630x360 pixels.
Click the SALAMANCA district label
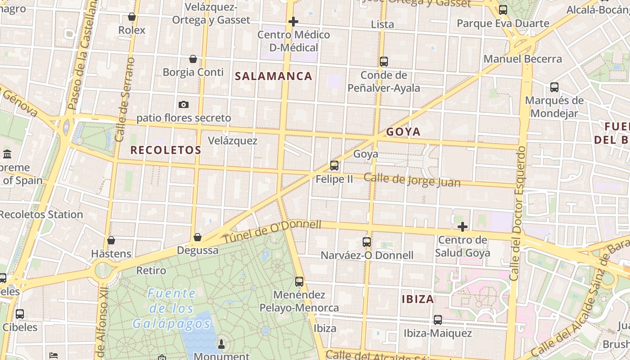(274, 76)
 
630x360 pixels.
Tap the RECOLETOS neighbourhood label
(166, 150)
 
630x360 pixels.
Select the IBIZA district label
(418, 299)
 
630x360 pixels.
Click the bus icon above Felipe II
(334, 165)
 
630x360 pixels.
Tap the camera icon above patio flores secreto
(184, 104)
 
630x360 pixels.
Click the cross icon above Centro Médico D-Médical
(293, 22)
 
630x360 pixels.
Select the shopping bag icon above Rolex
(132, 17)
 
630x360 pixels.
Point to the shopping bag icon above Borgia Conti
(193, 59)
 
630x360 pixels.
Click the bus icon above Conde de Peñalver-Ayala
(384, 62)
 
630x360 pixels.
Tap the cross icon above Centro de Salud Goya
(462, 227)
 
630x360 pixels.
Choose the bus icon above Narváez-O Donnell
(367, 242)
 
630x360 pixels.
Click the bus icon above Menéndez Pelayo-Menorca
(299, 282)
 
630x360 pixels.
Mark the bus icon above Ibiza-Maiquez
(437, 320)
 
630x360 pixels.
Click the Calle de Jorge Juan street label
(412, 180)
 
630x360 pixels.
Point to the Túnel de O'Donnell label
(272, 232)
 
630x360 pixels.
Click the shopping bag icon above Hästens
(111, 240)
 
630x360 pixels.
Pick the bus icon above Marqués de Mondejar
(554, 87)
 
